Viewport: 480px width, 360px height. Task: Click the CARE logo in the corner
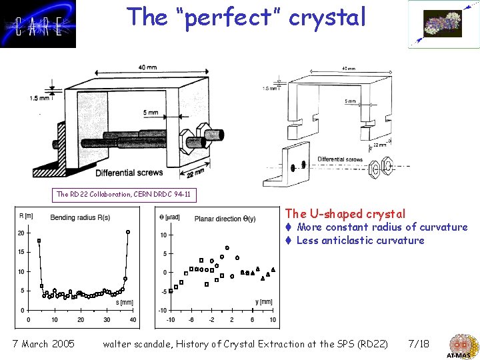tap(38, 24)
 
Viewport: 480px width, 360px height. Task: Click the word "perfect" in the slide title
tap(236, 17)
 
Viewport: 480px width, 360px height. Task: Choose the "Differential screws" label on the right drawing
tap(340, 159)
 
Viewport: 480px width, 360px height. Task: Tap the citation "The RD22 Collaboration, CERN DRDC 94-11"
tap(124, 195)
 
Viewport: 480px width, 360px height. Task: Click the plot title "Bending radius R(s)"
tap(80, 217)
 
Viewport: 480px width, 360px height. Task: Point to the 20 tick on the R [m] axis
tap(21, 233)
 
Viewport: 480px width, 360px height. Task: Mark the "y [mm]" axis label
tap(263, 302)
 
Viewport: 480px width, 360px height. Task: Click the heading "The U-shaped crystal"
tap(345, 214)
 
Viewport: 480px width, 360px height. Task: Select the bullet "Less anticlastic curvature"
tap(360, 241)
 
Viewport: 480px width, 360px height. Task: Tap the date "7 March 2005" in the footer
tap(43, 344)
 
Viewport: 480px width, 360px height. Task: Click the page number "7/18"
tap(418, 344)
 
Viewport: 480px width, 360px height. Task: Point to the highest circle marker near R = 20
tap(128, 232)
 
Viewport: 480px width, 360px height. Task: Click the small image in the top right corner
tap(443, 24)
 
